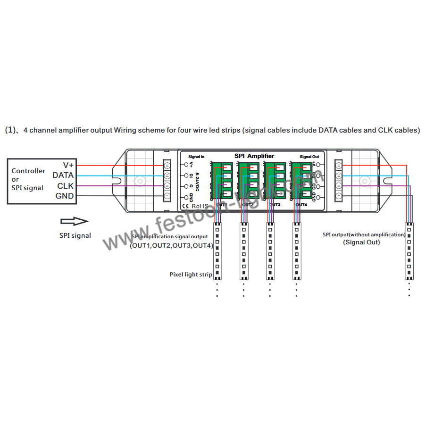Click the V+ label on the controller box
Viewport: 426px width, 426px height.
point(68,165)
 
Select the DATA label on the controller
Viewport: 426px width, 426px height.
point(63,175)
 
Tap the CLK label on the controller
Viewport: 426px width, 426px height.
point(65,186)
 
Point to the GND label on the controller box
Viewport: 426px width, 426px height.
point(65,196)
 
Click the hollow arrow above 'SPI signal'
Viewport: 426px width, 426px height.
point(74,221)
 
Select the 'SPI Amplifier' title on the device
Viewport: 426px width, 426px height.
point(254,156)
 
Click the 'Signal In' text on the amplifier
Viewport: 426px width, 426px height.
point(196,156)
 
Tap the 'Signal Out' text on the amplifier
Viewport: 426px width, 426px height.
point(309,157)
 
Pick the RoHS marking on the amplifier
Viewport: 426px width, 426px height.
point(200,206)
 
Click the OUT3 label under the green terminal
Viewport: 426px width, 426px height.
point(275,205)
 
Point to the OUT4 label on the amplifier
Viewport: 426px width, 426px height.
point(301,205)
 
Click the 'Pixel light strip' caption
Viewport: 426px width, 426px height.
point(191,274)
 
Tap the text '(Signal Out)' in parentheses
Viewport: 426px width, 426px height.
point(361,242)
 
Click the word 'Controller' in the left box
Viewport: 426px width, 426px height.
point(28,171)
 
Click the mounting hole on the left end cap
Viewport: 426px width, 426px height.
point(140,181)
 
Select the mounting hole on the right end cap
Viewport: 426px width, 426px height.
point(364,181)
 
